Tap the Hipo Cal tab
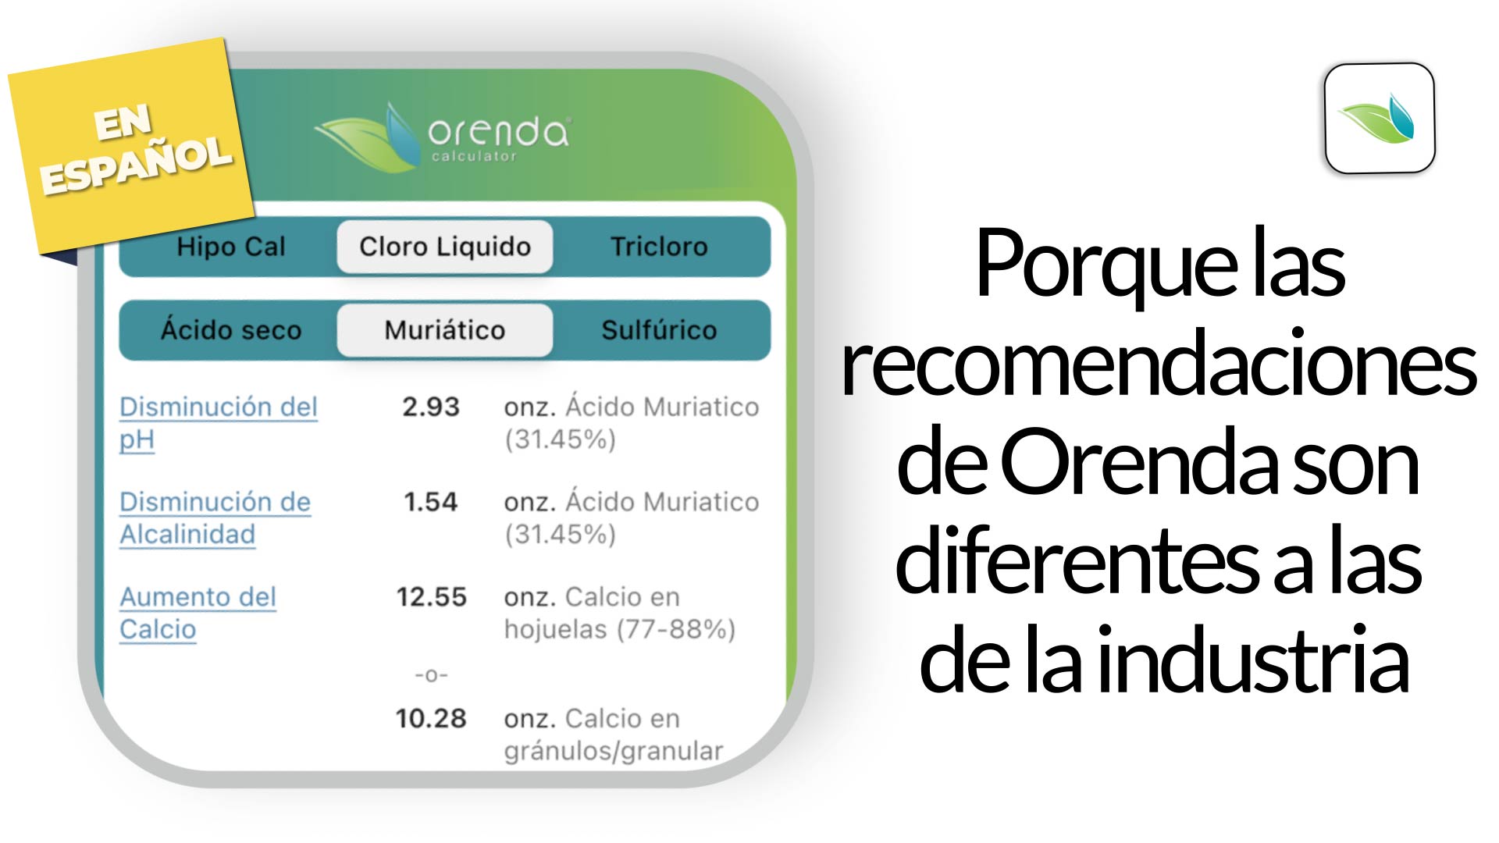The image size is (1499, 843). coord(231,247)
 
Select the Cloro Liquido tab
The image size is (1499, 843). coord(445,247)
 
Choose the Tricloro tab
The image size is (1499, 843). coord(660,247)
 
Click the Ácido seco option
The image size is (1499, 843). coord(231,329)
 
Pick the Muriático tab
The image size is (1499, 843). coord(445,330)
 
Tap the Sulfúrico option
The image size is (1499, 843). coord(660,329)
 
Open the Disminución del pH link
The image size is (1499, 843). coord(219,423)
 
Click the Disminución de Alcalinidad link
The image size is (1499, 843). coord(215,518)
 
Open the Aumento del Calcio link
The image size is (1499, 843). coord(198,613)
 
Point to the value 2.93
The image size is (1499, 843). coord(431,407)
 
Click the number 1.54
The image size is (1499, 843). coord(431,501)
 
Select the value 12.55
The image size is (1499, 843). coord(431,597)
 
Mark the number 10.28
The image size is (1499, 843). coord(431,718)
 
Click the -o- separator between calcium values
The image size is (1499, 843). coord(431,674)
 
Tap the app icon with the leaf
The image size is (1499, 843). coord(1380,118)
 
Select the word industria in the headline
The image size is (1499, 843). coord(1257,660)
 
